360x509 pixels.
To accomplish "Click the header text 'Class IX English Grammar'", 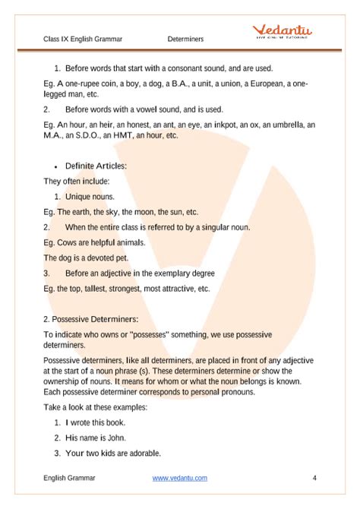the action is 84,38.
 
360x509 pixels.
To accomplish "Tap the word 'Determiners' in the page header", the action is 186,38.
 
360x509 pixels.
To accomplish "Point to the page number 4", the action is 314,478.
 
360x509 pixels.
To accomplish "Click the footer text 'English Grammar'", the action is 69,478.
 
